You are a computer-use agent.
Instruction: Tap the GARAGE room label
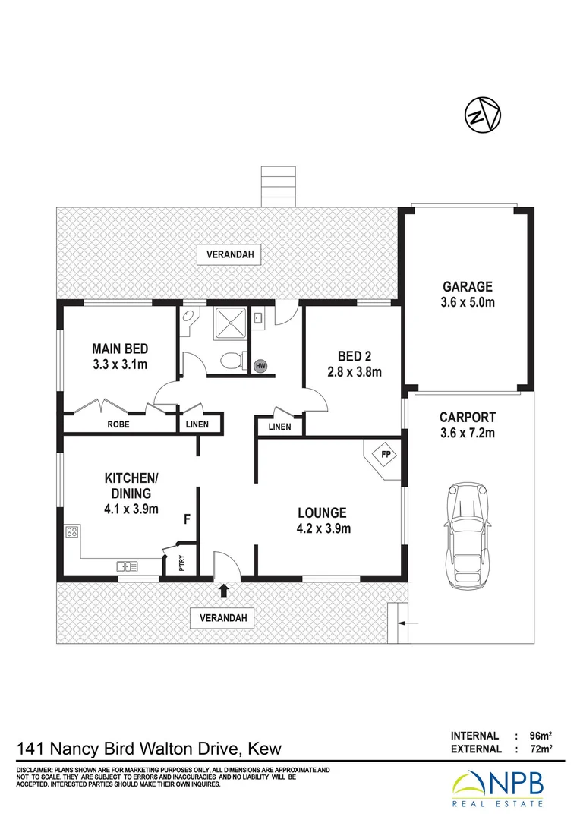(468, 286)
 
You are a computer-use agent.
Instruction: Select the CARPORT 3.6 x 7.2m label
(468, 425)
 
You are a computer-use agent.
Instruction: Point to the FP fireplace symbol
(386, 456)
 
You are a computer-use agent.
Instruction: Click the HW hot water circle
(261, 366)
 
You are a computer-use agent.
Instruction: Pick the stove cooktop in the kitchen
(72, 533)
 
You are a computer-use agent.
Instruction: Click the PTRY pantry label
(181, 563)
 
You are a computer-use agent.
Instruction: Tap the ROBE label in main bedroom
(118, 425)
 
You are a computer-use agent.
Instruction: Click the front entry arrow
(224, 588)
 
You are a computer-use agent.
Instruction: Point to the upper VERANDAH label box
(229, 254)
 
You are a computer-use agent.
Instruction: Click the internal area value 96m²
(540, 736)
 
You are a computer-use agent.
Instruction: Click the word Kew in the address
(263, 749)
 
